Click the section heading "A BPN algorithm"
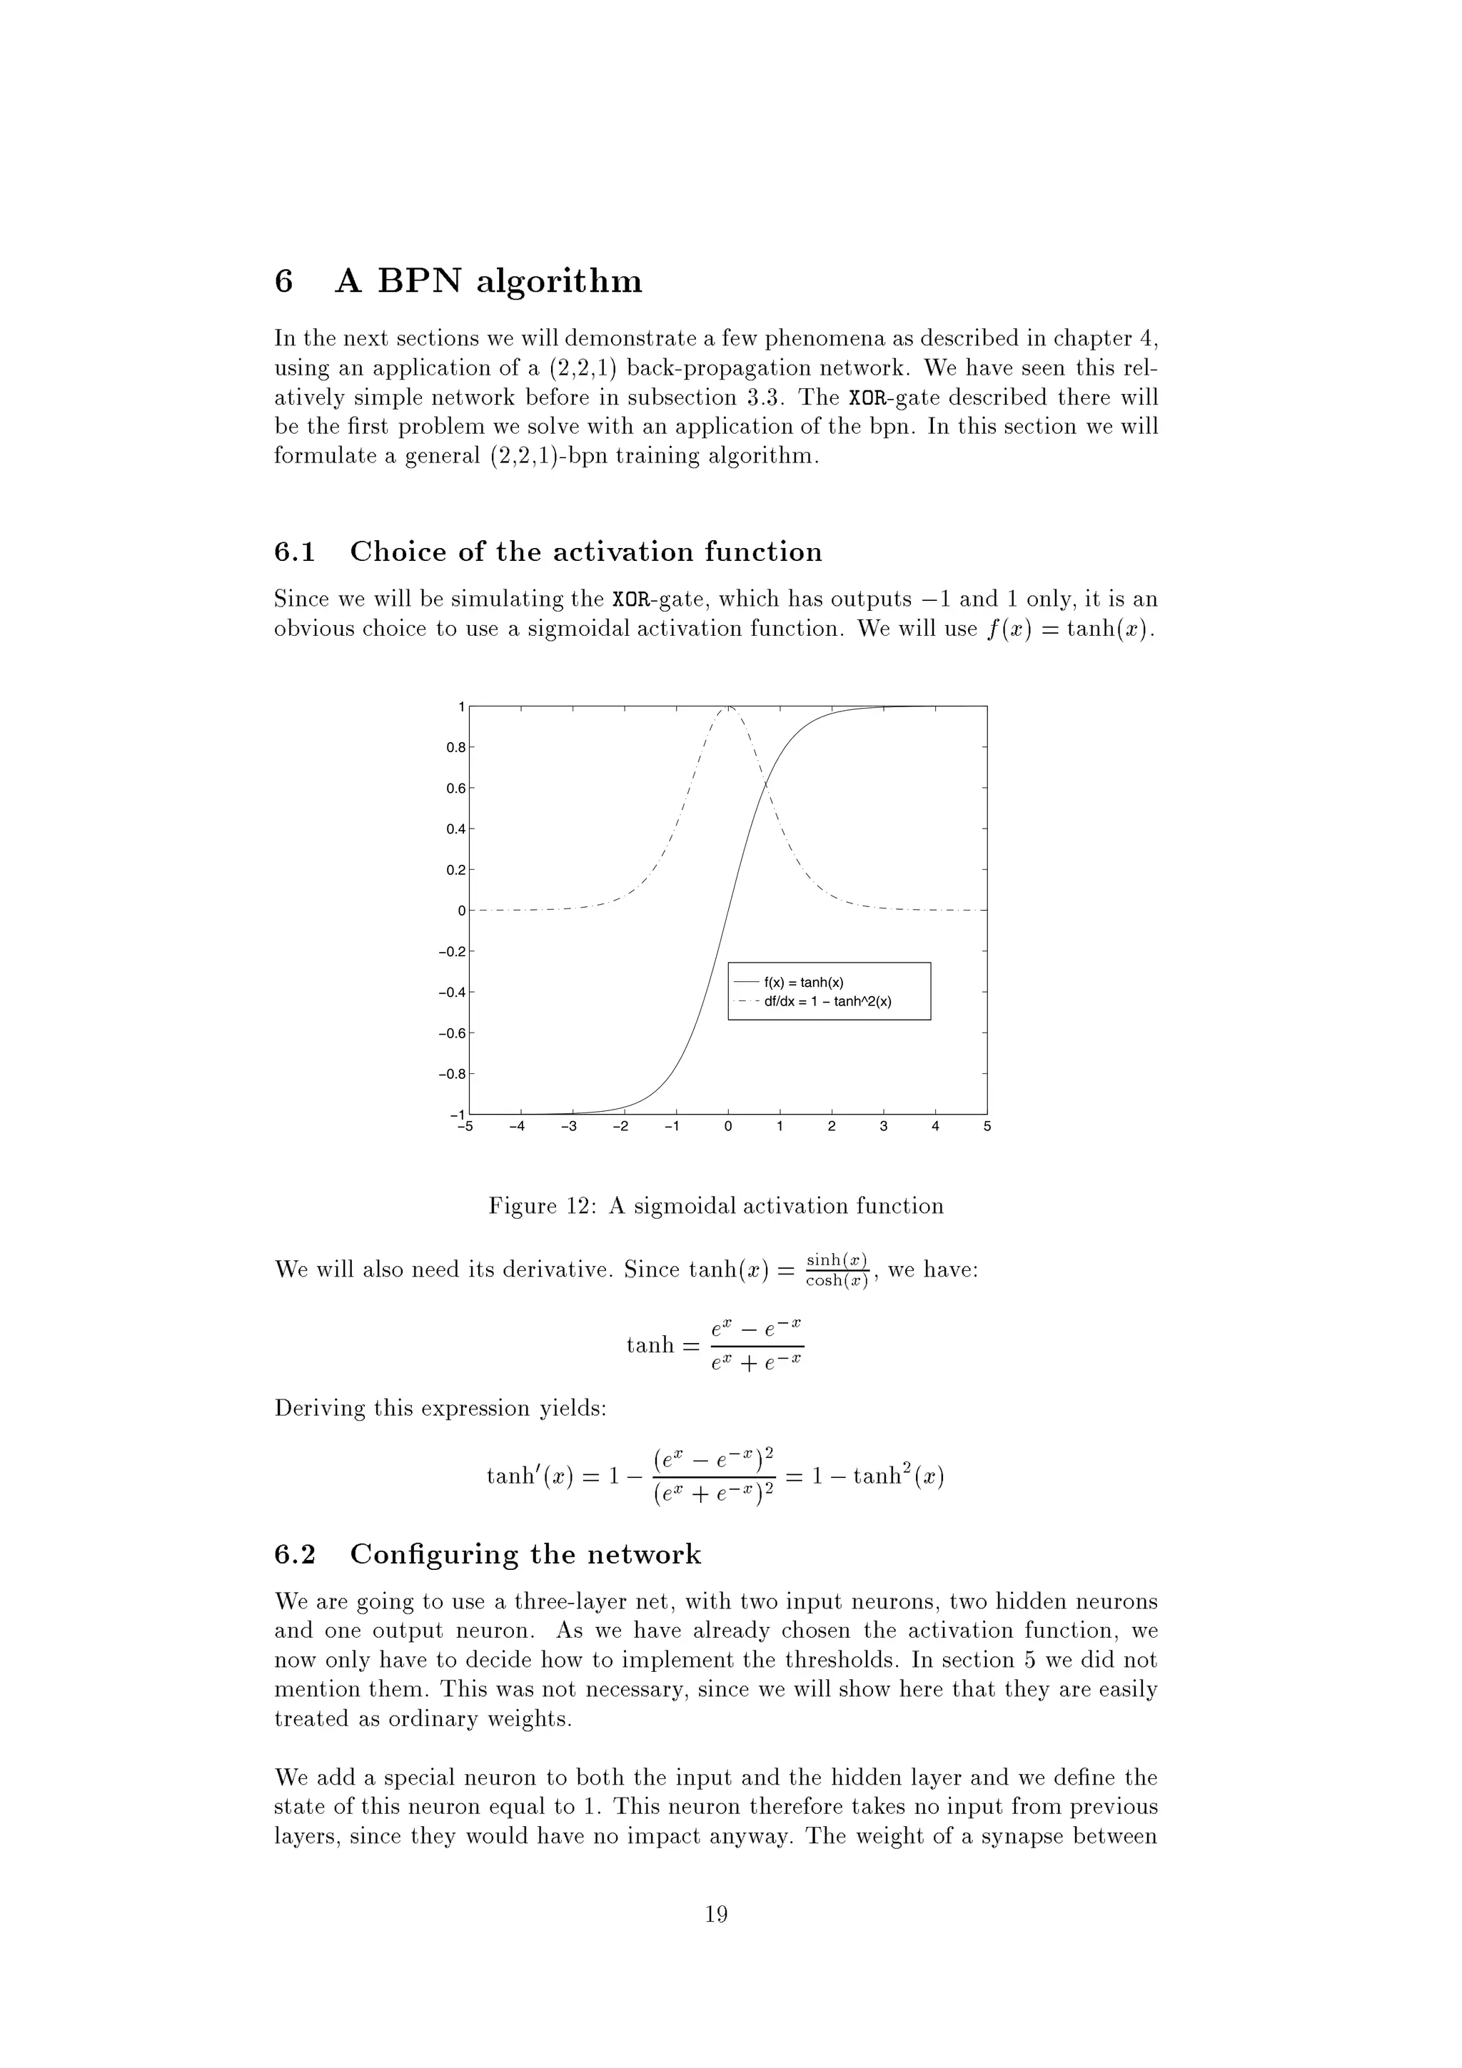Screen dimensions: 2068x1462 click(488, 282)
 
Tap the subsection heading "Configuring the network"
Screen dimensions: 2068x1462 click(525, 1553)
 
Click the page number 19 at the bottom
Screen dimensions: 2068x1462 click(716, 1913)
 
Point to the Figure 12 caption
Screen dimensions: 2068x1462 click(715, 1206)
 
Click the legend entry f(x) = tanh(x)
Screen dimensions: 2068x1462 click(804, 983)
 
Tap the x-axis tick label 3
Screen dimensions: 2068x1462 click(884, 1127)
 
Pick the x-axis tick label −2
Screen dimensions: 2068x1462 click(620, 1127)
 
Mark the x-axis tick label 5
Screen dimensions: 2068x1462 click(987, 1127)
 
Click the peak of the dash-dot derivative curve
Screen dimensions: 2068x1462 click(729, 708)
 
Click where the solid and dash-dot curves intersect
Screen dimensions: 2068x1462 click(764, 786)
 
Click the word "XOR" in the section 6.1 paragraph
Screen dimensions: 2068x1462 click(629, 600)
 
